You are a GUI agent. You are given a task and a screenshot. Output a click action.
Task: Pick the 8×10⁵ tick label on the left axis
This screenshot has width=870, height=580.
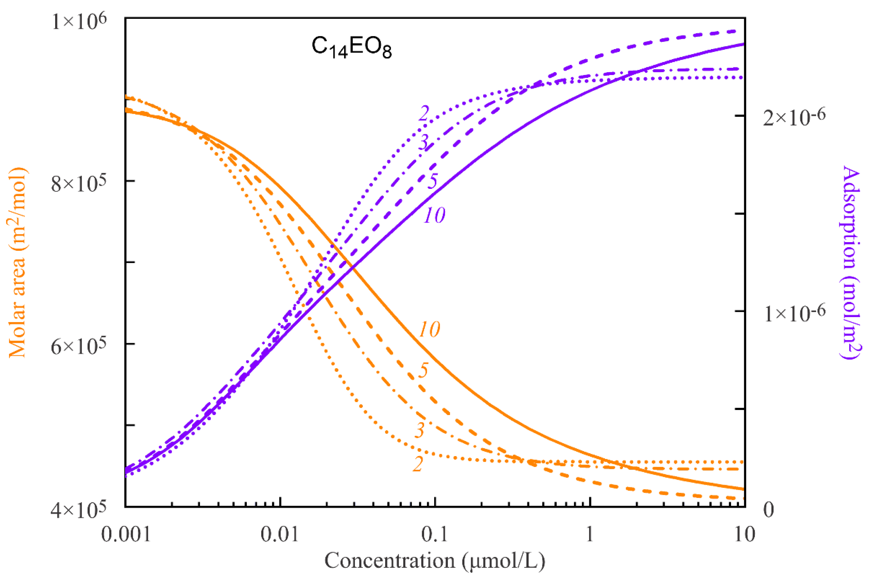point(78,183)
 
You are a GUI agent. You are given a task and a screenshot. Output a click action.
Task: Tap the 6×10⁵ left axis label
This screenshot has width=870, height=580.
point(78,346)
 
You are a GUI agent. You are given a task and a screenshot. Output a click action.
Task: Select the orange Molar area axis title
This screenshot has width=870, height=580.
point(17,263)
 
